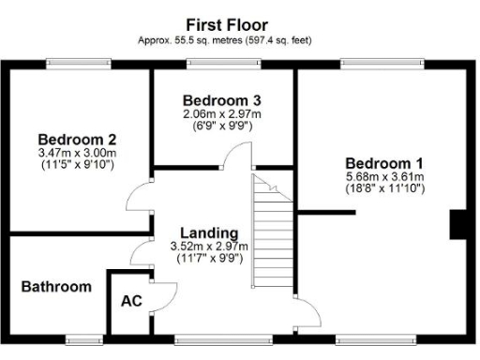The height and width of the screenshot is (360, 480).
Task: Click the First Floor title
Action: click(227, 24)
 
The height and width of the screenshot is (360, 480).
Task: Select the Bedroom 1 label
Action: click(383, 161)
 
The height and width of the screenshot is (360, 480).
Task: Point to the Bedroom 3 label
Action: click(221, 100)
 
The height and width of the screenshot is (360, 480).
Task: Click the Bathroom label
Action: click(56, 287)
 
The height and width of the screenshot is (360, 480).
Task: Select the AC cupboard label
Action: click(130, 302)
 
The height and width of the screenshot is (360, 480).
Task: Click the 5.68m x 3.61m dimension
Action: click(383, 175)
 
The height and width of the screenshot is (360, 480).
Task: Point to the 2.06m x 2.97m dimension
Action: click(221, 113)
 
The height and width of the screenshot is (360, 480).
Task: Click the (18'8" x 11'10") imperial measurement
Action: click(383, 187)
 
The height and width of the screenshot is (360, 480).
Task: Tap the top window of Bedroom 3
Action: click(222, 64)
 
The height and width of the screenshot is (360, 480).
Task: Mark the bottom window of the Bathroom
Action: click(83, 338)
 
